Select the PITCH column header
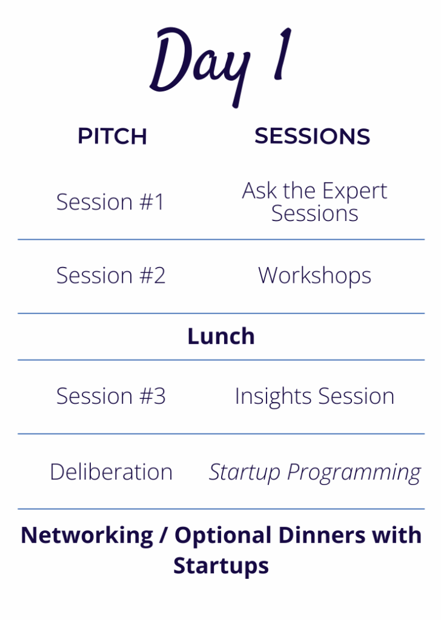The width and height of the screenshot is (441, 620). point(112,136)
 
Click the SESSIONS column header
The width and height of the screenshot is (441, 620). point(312,136)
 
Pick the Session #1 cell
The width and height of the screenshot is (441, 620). point(110,202)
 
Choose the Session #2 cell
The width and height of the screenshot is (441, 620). point(111,275)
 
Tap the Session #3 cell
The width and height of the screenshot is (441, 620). point(111,396)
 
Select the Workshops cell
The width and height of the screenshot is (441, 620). point(314,276)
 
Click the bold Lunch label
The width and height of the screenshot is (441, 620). point(221,337)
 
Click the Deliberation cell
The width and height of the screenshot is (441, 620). point(111,472)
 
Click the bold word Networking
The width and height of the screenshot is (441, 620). point(87,536)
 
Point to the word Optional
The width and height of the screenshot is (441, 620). point(224,536)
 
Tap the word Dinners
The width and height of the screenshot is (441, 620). point(322,535)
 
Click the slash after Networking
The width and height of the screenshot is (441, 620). point(164,536)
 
